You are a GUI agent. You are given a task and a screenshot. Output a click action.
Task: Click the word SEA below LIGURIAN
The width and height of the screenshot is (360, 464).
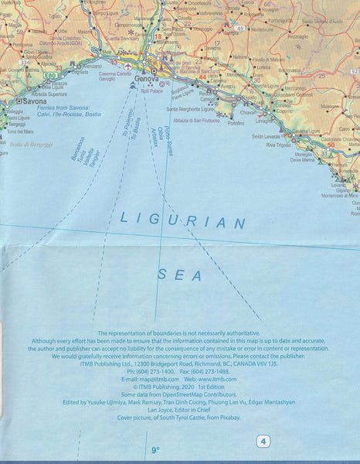[179, 274]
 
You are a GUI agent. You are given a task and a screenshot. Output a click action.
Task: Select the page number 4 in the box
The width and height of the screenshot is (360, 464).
[264, 442]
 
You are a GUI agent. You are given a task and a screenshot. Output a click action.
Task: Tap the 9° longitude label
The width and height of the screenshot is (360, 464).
[155, 449]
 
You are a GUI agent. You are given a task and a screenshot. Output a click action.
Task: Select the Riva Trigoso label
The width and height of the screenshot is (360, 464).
[281, 145]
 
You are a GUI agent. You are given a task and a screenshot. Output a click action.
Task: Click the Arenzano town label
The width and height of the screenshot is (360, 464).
[91, 67]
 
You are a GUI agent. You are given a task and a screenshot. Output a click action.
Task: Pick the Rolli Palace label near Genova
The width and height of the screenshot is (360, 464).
[152, 90]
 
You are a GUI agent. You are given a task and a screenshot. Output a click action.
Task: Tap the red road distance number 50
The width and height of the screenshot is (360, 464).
[331, 145]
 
